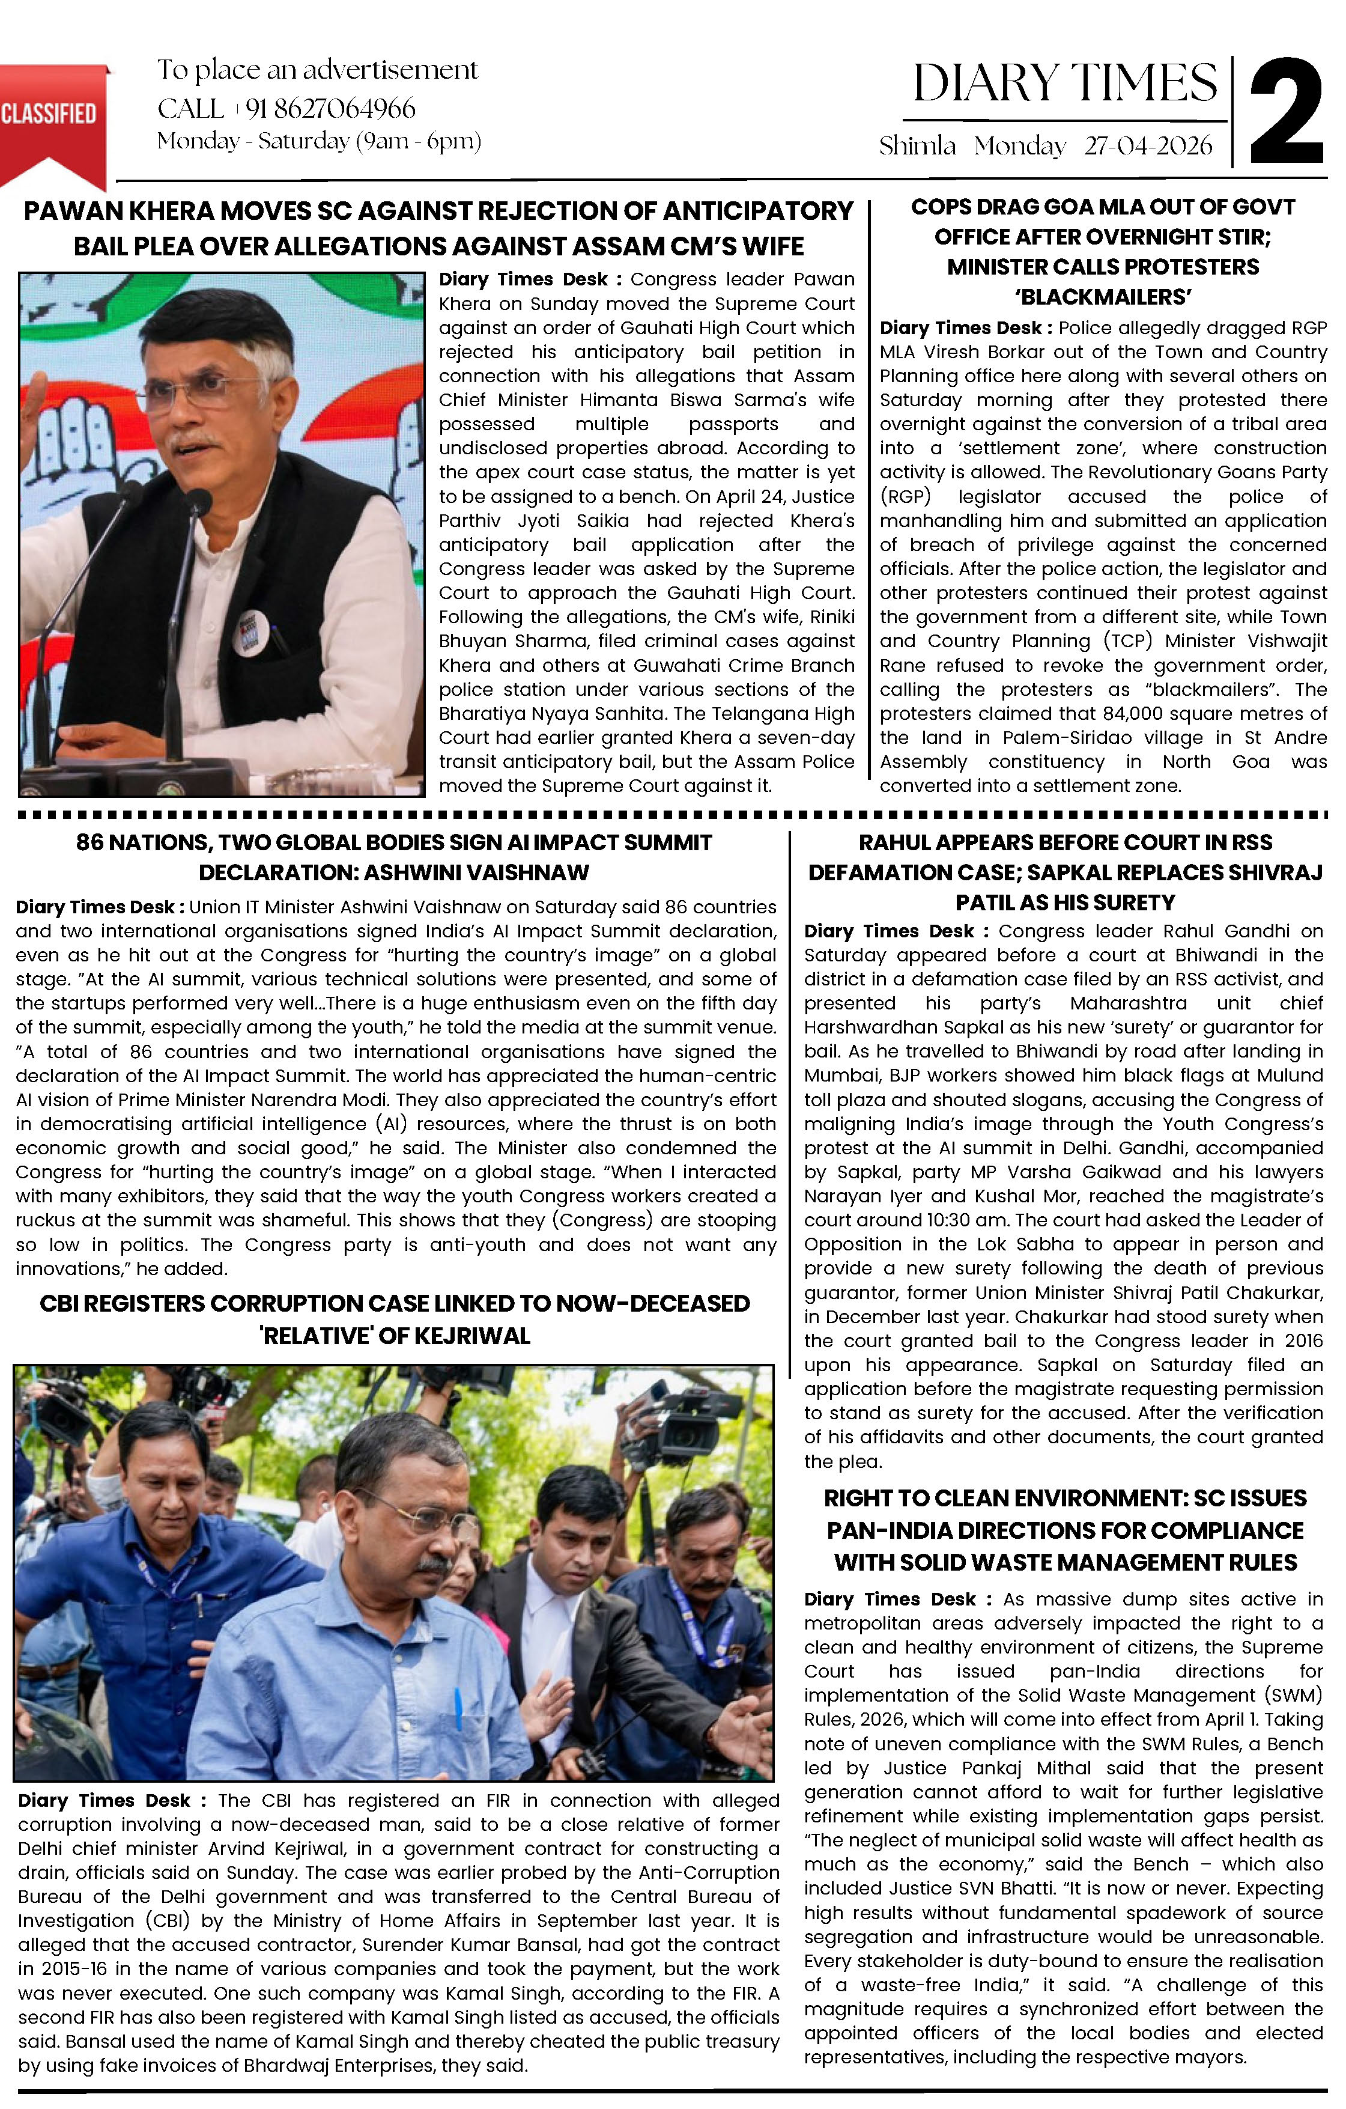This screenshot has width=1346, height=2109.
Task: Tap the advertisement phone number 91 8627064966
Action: click(330, 109)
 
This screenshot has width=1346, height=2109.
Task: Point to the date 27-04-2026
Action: click(1147, 145)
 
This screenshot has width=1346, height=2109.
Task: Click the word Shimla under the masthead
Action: click(917, 145)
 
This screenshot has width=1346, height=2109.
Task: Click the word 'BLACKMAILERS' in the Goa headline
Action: click(1103, 297)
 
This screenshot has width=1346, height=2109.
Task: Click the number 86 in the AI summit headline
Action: click(89, 842)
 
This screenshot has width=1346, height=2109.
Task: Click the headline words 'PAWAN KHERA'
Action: click(119, 211)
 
